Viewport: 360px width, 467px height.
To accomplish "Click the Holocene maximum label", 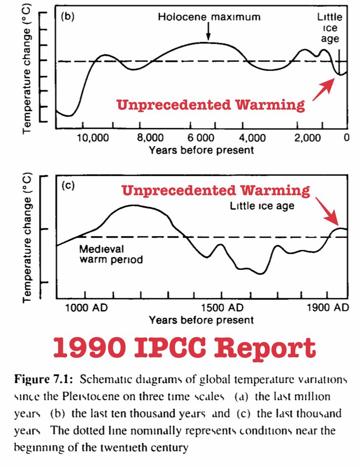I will [209, 17].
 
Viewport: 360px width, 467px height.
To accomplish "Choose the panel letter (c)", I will [68, 185].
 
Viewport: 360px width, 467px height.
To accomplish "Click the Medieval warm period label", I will [111, 255].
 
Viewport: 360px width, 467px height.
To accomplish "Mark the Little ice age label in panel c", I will [269, 206].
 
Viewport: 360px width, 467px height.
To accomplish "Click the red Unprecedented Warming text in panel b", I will [211, 105].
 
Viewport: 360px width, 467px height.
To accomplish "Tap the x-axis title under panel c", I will [201, 320].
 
